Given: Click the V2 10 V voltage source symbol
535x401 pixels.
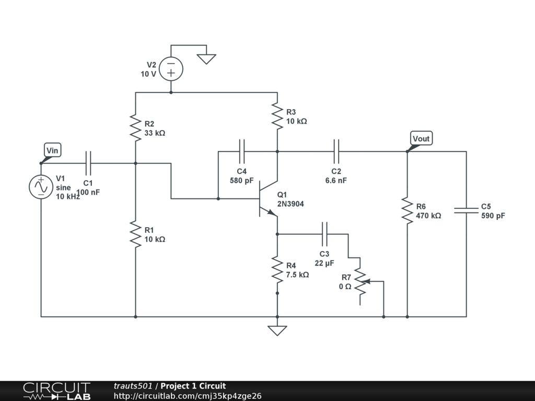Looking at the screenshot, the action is [171, 68].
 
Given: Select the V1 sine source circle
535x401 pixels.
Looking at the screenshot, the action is [41, 187].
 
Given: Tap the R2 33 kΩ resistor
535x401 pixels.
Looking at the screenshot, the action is [135, 128].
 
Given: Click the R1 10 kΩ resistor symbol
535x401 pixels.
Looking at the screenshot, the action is [135, 234].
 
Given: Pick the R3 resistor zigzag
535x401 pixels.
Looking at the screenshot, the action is [277, 116].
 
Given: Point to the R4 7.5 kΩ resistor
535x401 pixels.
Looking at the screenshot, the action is [277, 270].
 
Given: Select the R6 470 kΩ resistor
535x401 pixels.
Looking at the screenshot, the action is [407, 210].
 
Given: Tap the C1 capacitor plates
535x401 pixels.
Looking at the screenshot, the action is [88, 163].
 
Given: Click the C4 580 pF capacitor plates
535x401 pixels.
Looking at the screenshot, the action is [241, 151].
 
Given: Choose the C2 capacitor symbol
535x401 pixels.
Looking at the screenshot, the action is [336, 151].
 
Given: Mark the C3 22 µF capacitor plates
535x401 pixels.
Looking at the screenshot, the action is [324, 234].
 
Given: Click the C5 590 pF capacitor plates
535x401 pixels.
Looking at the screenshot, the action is [466, 210].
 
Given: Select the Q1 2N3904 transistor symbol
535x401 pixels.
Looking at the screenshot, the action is [269, 199].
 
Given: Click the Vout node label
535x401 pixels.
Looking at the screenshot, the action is [421, 139].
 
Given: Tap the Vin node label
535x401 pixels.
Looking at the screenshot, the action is [52, 150].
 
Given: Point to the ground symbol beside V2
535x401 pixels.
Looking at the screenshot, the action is [206, 59].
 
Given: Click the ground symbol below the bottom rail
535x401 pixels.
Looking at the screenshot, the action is [277, 331].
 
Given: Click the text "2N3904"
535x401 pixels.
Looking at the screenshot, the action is [290, 204].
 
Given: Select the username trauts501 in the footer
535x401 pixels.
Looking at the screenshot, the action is [133, 386].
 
